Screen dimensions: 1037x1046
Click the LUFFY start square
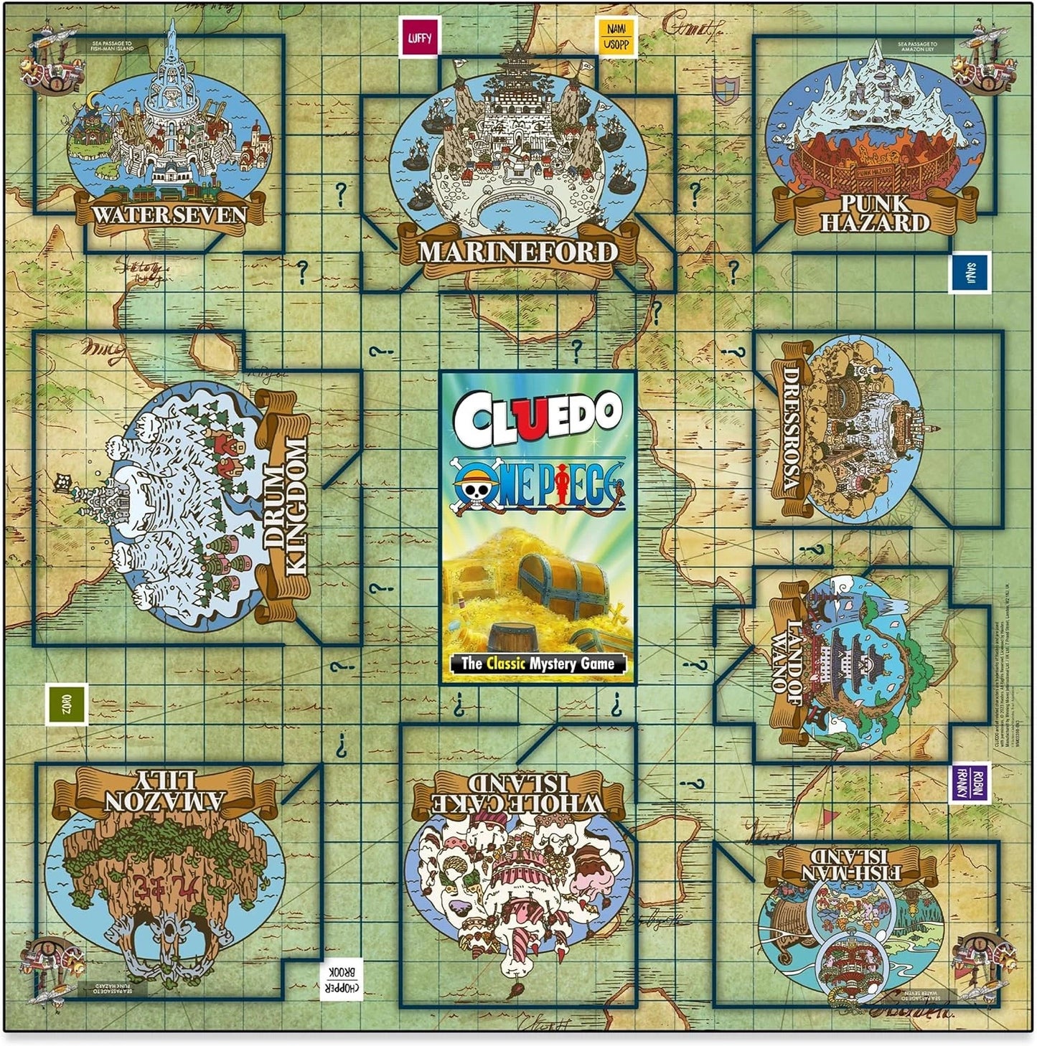coord(420,37)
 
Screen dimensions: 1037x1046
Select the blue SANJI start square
coord(970,272)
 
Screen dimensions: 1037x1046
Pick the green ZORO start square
coord(67,704)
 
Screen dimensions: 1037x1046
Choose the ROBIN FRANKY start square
coord(969,783)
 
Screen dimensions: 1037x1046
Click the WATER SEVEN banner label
coord(169,215)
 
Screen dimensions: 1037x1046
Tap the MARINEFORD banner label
coord(517,252)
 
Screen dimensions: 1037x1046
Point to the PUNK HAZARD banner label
coord(874,213)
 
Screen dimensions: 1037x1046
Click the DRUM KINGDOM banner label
coord(286,506)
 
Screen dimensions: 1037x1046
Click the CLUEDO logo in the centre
coord(537,414)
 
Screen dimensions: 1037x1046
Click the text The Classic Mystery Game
coord(538,664)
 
